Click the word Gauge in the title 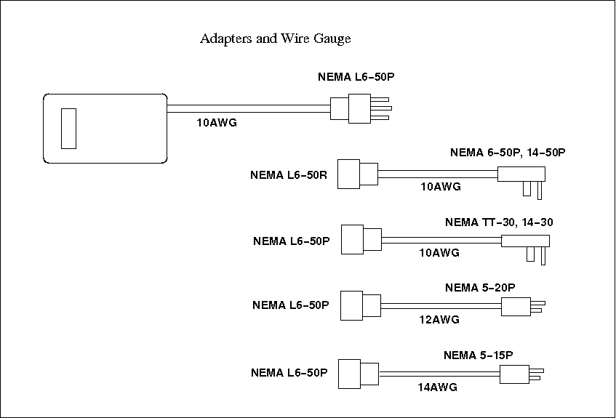click(x=332, y=39)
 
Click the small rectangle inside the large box click(x=68, y=128)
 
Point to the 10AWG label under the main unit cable click(x=217, y=123)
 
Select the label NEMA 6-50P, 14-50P click(x=508, y=153)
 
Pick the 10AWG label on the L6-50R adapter click(x=441, y=187)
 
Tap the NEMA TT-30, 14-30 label click(x=504, y=222)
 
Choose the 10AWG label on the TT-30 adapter click(x=439, y=253)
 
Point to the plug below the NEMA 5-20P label click(x=520, y=307)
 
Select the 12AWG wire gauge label click(x=439, y=320)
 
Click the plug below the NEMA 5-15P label click(x=519, y=374)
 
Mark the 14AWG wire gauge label click(x=437, y=387)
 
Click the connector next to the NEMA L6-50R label click(x=358, y=174)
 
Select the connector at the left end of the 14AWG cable click(x=361, y=372)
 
